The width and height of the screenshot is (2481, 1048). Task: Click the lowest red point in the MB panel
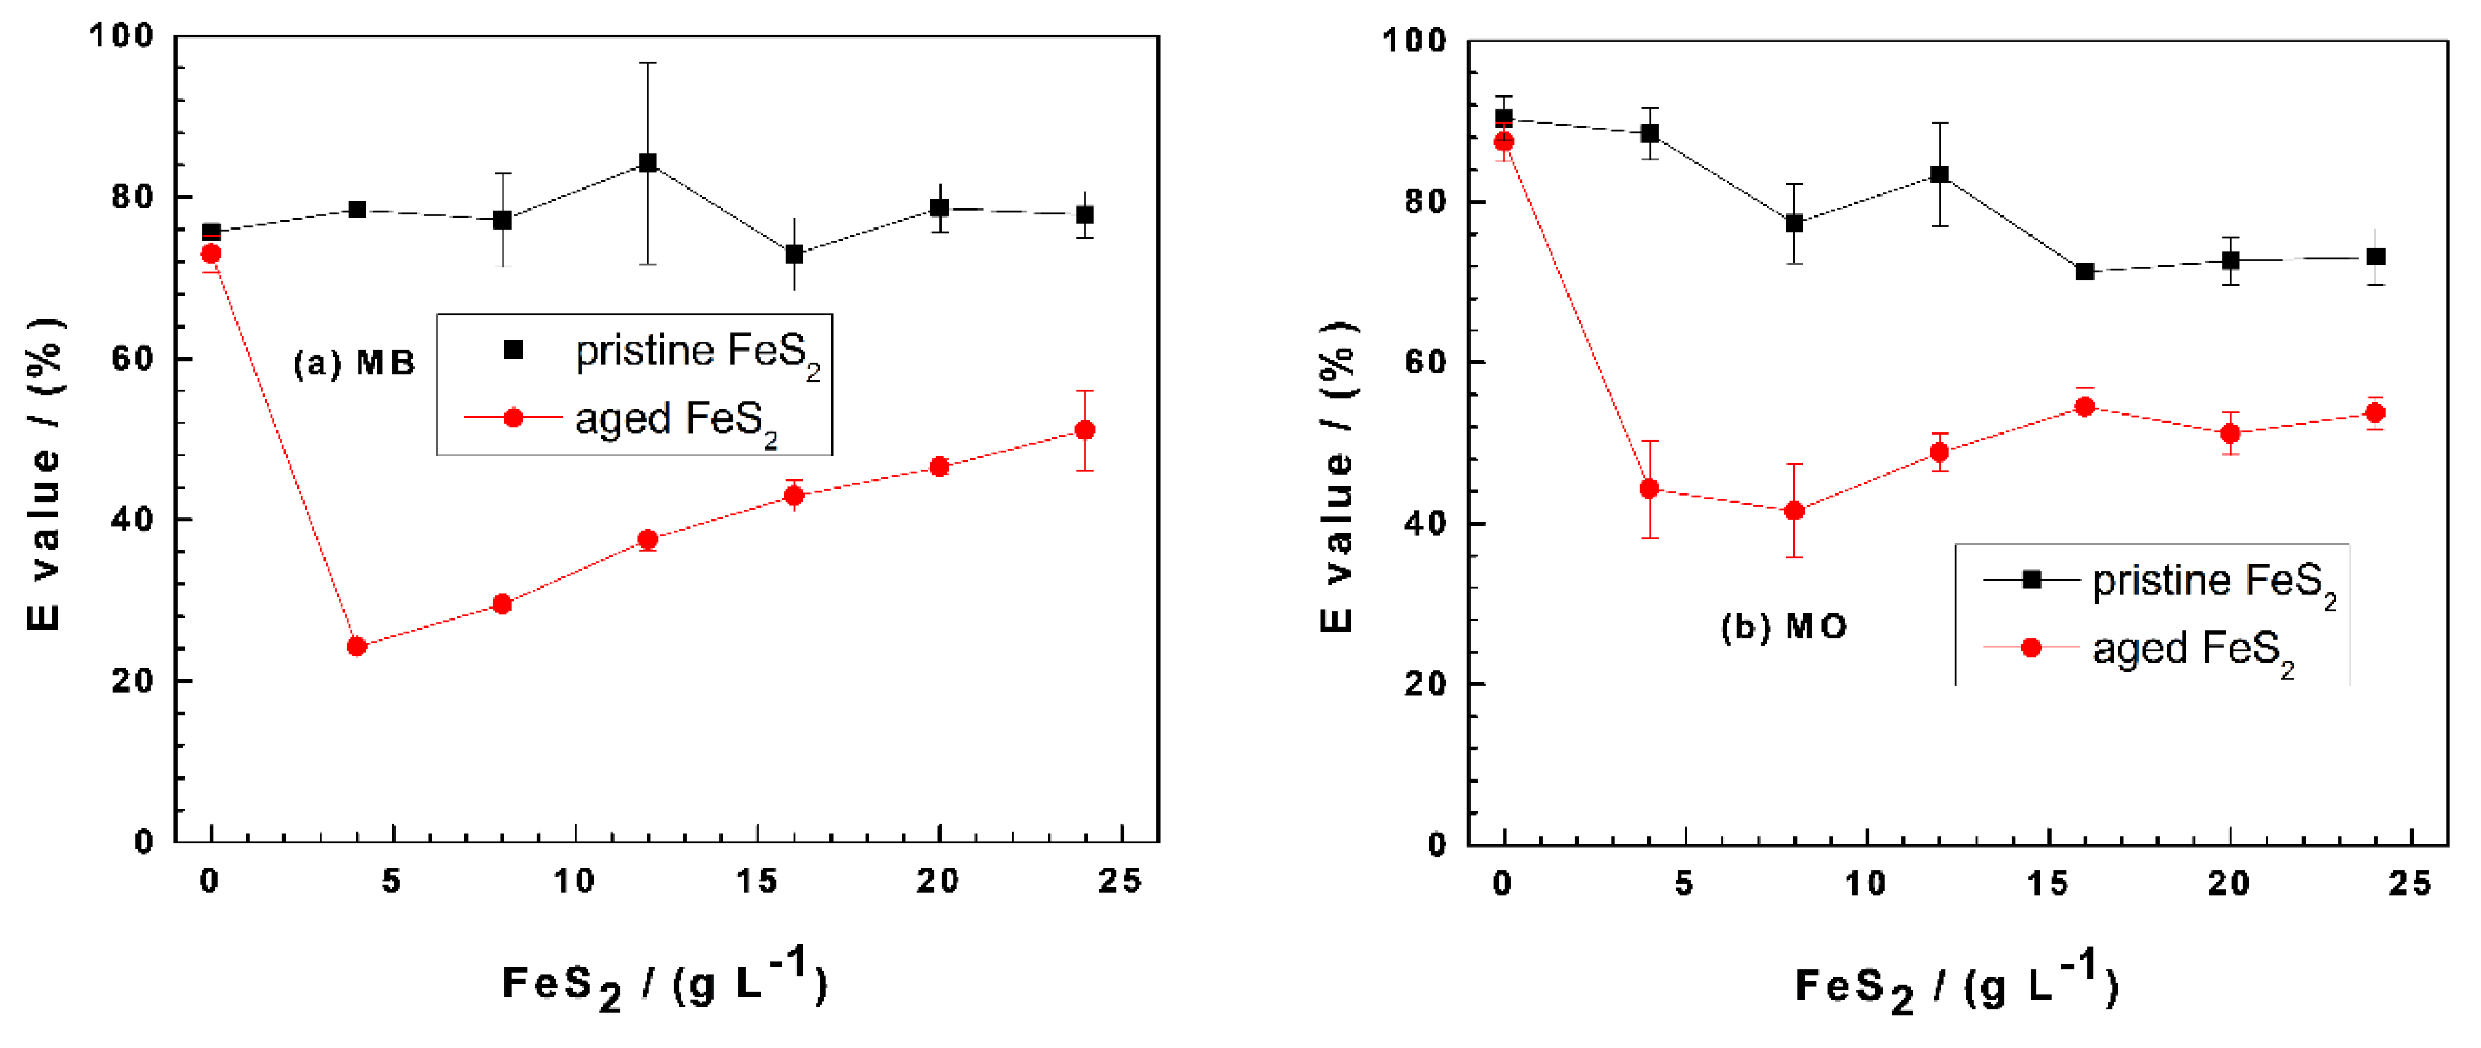point(356,646)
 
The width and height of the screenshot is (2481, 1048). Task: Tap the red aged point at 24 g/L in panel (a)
point(1085,430)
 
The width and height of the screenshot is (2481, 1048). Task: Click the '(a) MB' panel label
point(354,363)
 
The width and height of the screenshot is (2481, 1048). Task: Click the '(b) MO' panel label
point(1784,627)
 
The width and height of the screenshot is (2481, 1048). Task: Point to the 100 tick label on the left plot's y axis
point(121,36)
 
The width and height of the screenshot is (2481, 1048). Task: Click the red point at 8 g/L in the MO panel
point(1793,510)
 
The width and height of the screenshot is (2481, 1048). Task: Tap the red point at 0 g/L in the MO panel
point(1504,142)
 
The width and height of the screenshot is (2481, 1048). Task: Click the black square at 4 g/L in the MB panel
point(356,209)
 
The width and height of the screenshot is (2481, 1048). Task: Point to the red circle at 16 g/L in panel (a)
point(794,495)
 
